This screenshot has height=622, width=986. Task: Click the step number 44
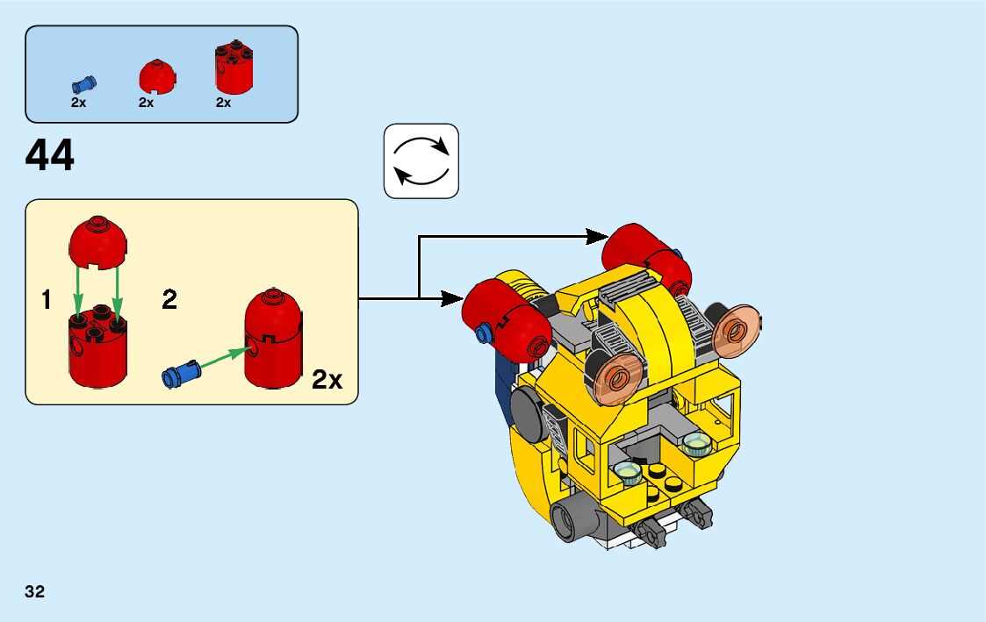[50, 157]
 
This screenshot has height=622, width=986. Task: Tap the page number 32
[35, 591]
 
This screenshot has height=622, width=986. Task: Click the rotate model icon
[421, 161]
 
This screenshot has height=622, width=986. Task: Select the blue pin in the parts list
[84, 85]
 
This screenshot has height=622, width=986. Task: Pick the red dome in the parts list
[157, 76]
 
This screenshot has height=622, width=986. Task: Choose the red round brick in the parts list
[233, 68]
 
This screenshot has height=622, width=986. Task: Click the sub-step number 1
[46, 301]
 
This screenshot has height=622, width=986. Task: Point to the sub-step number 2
[169, 301]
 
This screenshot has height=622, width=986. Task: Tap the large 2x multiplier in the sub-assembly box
[327, 380]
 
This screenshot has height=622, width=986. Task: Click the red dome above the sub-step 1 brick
[97, 242]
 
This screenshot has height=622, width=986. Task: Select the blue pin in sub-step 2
[181, 373]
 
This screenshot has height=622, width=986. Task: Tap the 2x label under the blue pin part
[78, 104]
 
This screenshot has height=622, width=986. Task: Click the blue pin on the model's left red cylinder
[481, 334]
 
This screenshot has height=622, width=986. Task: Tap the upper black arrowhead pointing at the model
[598, 235]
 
